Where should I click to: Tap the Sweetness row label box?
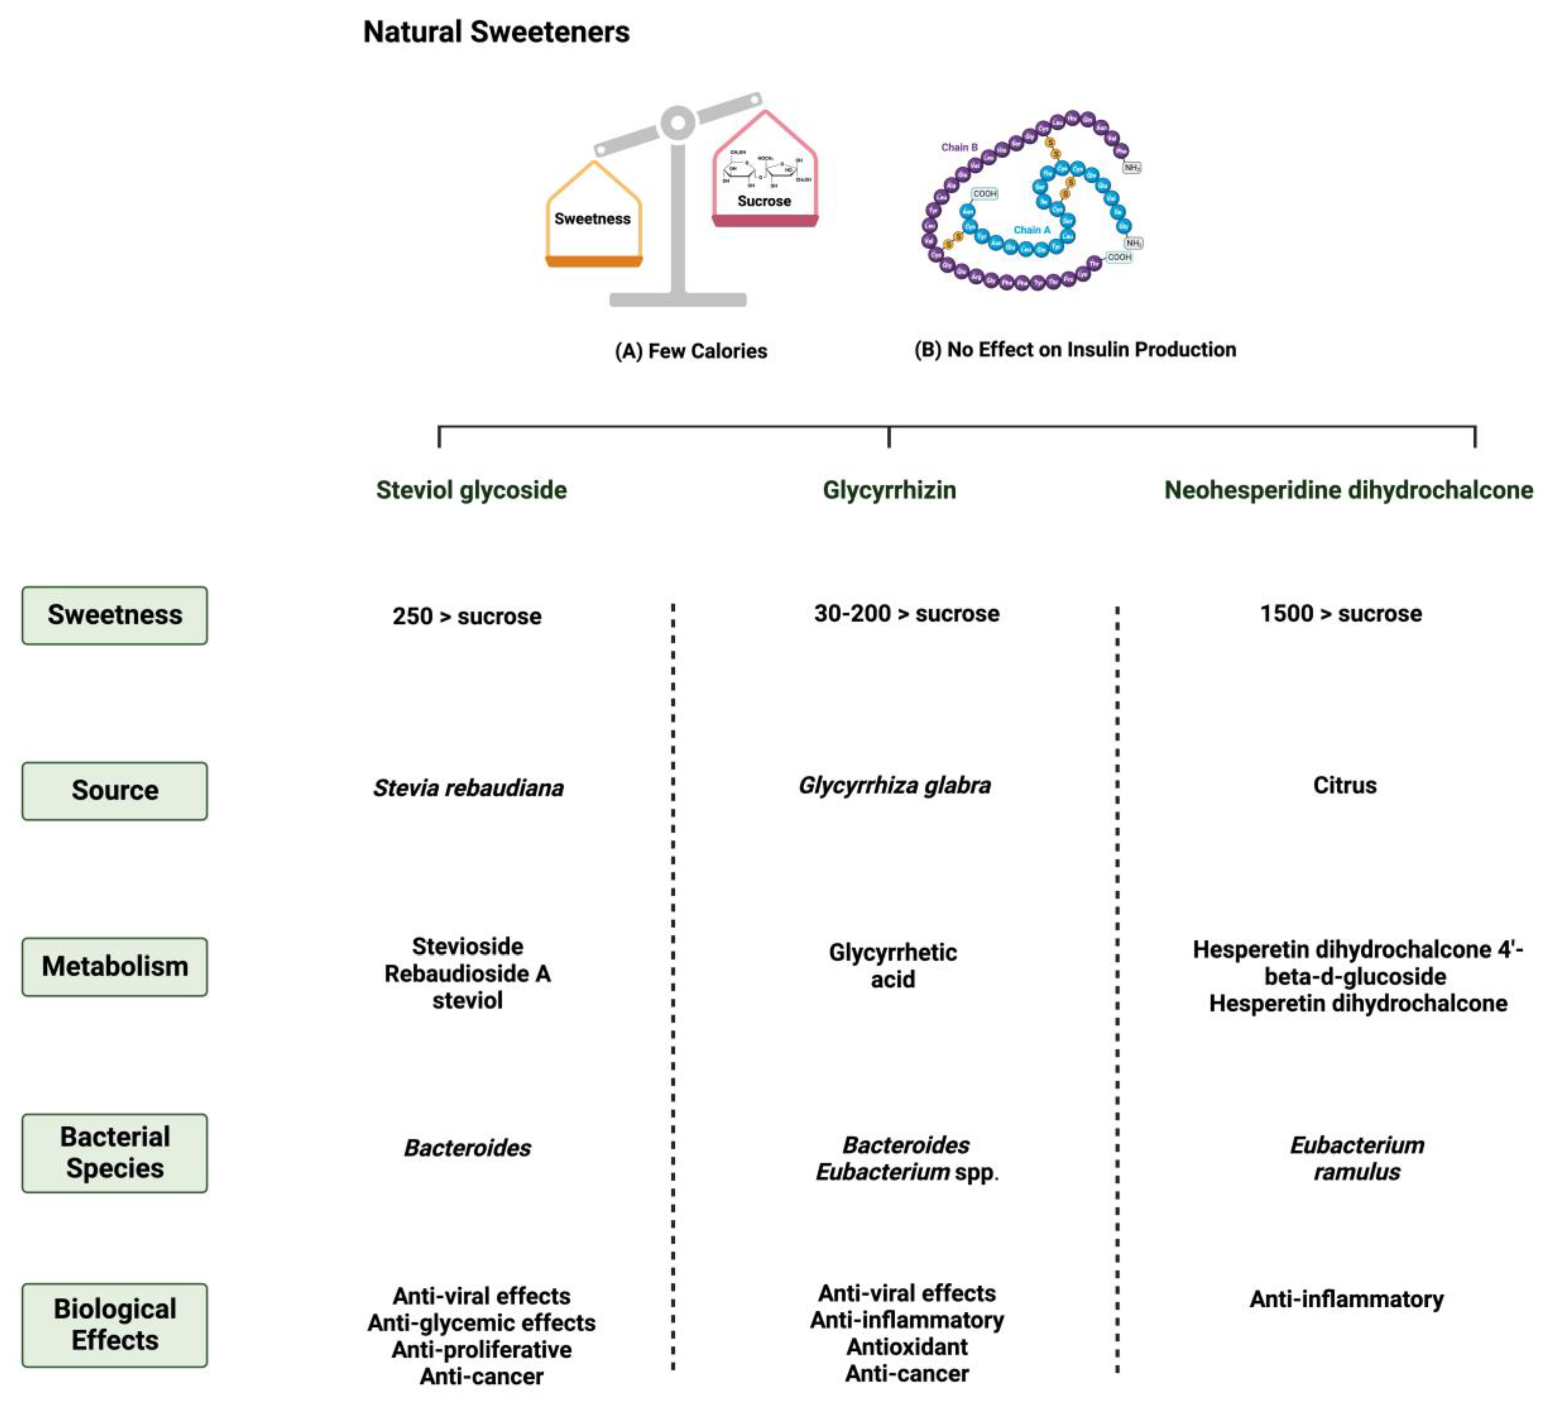pyautogui.click(x=115, y=615)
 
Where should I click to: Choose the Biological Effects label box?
pyautogui.click(x=115, y=1324)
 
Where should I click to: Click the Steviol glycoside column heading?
pyautogui.click(x=471, y=490)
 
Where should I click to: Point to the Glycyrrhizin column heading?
pyautogui.click(x=889, y=490)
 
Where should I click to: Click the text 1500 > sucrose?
pyautogui.click(x=1341, y=614)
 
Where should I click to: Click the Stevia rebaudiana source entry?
pyautogui.click(x=468, y=788)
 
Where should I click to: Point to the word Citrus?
pyautogui.click(x=1345, y=786)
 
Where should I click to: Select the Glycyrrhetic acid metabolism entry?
pyautogui.click(x=893, y=965)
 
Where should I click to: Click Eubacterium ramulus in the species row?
pyautogui.click(x=1357, y=1158)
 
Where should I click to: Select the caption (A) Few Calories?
pyautogui.click(x=691, y=351)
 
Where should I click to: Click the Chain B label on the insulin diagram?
pyautogui.click(x=959, y=147)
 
